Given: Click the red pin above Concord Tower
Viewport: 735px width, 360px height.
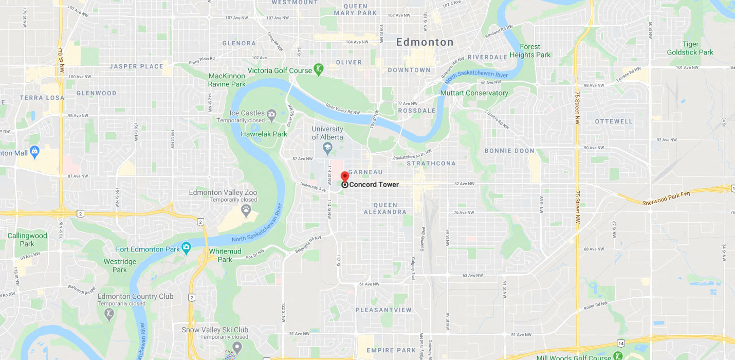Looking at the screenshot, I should coord(345,176).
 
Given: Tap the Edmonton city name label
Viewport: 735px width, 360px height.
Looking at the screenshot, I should coord(425,42).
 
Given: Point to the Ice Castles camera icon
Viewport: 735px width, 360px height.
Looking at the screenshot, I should coord(271,114).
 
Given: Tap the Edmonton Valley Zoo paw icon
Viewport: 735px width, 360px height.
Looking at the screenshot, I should coord(246,209).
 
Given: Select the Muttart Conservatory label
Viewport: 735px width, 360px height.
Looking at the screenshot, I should coord(474,93).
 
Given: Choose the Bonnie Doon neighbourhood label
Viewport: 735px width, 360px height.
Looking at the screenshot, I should coord(509,151).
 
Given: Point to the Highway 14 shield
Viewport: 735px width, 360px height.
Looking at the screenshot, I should coord(621,343).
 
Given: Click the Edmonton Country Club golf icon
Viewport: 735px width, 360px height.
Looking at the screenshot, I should coord(109,313).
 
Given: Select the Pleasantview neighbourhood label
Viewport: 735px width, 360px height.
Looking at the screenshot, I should coord(383,310).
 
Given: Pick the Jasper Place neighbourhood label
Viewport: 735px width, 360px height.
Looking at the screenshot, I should coord(136,66).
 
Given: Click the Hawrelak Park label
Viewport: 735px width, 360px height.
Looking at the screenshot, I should coord(264,134).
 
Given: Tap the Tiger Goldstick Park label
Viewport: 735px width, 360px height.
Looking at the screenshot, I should coord(690,48).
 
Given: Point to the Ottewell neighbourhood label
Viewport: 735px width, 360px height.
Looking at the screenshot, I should coord(614,121).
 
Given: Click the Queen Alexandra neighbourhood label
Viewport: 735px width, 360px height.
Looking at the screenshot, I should coord(385,208).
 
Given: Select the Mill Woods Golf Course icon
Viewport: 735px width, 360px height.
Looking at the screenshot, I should coord(618,356).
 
